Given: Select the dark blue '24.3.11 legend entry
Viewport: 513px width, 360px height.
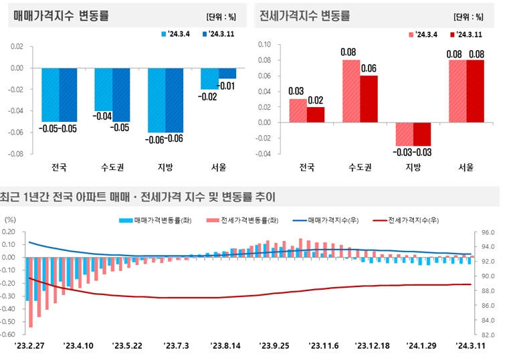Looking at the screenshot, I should tap(223, 33).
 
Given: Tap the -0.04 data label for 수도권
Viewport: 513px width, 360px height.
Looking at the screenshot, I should tap(103, 116).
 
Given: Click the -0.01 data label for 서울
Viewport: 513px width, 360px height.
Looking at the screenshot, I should tap(226, 86).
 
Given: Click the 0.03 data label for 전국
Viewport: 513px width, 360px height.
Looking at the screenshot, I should tap(296, 91).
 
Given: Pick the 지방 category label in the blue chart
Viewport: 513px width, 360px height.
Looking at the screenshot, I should tap(165, 167).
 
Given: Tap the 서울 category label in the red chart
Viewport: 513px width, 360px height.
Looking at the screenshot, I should tap(466, 167).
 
